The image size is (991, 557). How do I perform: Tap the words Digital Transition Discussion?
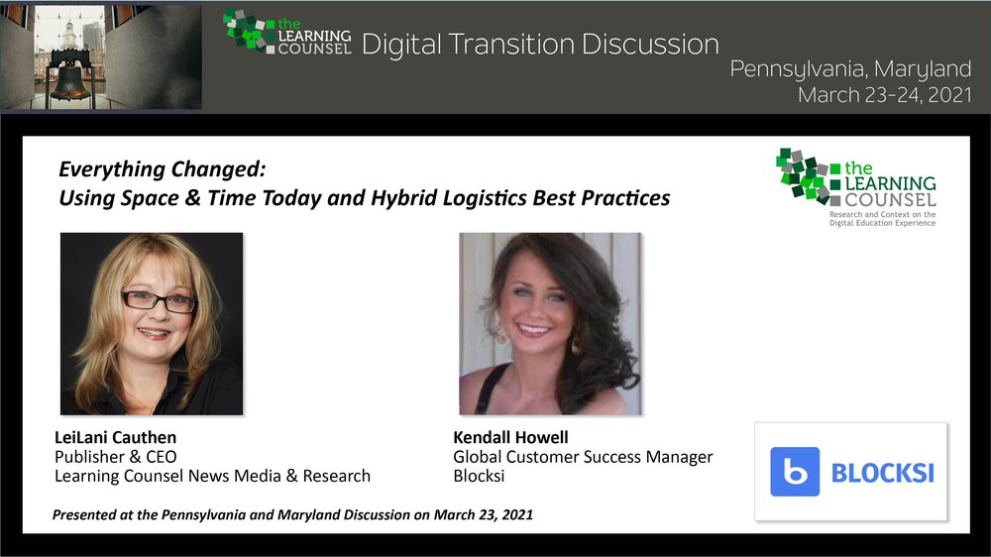tap(540, 45)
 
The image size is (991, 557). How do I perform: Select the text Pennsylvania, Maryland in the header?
tap(850, 69)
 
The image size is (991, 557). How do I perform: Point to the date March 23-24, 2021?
tap(885, 95)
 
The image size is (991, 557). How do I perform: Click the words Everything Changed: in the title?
tap(163, 169)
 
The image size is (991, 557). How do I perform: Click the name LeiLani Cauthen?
tap(116, 437)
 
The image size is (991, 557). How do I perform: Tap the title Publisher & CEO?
tap(116, 457)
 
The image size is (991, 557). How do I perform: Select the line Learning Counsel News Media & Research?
tap(212, 476)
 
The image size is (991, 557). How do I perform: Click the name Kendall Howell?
tap(510, 437)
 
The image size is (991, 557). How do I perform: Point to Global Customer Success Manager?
tap(583, 457)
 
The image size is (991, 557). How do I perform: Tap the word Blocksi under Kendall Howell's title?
tap(479, 476)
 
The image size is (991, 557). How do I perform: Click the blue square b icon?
tap(795, 472)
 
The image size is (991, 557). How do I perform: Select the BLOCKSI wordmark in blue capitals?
tap(882, 473)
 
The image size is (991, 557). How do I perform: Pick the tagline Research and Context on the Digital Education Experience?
tap(882, 219)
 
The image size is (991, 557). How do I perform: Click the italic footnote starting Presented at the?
tap(292, 514)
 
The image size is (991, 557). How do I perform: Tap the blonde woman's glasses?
tap(160, 301)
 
